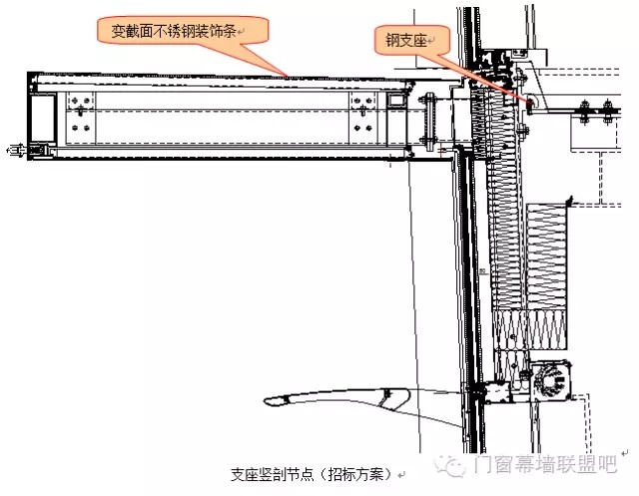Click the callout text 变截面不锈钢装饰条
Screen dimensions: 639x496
coord(173,31)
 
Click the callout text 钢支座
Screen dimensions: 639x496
coord(406,40)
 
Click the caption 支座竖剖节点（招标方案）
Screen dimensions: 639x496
coord(312,474)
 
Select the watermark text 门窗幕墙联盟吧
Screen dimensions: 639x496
coord(544,465)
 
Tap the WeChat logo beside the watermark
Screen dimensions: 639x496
coord(450,465)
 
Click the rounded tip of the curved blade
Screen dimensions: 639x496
coord(268,401)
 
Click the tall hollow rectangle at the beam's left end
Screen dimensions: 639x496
coord(42,118)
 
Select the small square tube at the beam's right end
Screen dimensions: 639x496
coord(395,99)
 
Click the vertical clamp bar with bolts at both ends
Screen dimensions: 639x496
coord(430,121)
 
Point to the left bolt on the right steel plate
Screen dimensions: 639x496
coord(584,109)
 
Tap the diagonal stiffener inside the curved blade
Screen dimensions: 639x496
coord(383,398)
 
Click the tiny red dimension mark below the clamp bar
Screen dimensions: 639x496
coord(443,151)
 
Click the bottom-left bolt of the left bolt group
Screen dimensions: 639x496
coord(75,128)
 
